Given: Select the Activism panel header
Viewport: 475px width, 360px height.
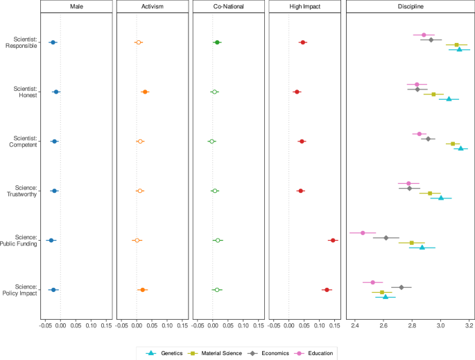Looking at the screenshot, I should [x=153, y=7].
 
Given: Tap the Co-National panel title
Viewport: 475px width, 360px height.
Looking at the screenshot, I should [x=228, y=7].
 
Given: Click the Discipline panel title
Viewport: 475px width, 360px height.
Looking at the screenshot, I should [x=411, y=7].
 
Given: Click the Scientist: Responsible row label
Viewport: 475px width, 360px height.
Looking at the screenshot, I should [x=21, y=42].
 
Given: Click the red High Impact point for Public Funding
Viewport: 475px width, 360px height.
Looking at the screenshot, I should [x=333, y=240].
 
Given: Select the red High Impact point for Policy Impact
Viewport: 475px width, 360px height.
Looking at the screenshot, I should [x=327, y=289].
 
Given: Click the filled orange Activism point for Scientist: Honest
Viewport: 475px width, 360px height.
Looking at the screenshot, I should [x=145, y=92].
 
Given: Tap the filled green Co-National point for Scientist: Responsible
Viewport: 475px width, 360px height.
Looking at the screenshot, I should [x=217, y=42].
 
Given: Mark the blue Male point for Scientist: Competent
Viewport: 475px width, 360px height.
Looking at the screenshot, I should [x=54, y=142].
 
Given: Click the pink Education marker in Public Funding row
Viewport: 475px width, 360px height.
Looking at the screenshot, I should [x=363, y=233].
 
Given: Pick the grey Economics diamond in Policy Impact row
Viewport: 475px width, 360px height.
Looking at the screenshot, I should [x=401, y=287].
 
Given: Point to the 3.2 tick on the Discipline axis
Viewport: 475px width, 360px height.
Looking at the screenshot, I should [x=469, y=324].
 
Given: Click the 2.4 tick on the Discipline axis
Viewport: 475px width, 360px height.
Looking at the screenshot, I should [x=355, y=324].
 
